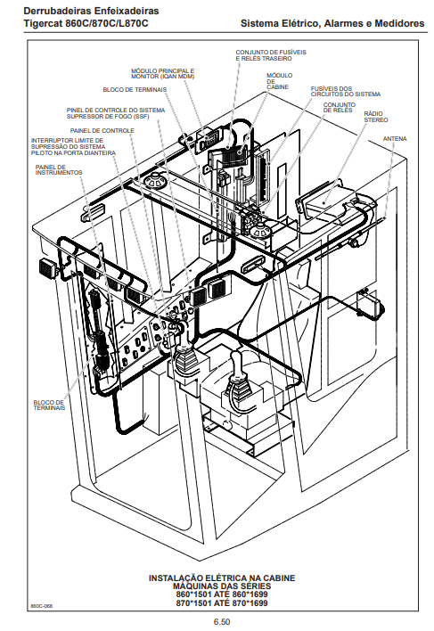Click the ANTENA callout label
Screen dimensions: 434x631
pos(395,139)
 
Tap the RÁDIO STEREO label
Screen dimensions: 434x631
pos(376,117)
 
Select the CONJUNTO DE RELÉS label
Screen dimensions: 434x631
pos(339,108)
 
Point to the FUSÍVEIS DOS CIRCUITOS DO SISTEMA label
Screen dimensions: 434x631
pos(346,91)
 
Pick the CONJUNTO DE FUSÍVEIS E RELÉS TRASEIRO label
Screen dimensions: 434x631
pos(271,55)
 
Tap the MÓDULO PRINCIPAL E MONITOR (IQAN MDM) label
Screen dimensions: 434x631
pos(162,74)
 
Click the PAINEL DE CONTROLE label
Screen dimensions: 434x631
pos(102,131)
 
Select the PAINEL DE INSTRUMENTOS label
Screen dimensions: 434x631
pos(59,170)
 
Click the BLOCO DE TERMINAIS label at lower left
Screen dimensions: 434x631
pos(49,405)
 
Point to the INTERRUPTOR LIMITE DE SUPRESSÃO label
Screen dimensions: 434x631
pos(73,147)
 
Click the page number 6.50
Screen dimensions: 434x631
pos(222,622)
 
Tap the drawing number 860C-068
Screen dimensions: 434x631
pos(41,606)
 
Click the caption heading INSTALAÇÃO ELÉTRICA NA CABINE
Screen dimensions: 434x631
pos(222,578)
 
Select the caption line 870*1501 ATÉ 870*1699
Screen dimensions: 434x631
pos(222,602)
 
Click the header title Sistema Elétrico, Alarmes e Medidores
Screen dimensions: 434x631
pos(332,23)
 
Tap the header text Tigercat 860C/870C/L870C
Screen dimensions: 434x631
pos(86,23)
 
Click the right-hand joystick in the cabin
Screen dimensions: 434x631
pos(238,379)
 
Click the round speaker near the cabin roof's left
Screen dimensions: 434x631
pos(155,180)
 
